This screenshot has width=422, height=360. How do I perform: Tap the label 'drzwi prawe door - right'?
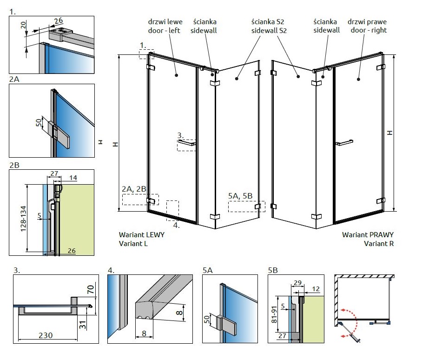pos(367,26)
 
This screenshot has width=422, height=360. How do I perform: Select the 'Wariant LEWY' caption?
pos(142,235)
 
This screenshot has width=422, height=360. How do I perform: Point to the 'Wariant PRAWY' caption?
pos(368,235)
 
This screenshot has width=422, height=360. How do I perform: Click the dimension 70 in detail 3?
pos(91,291)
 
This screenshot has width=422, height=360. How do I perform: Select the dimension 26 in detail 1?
pos(58,20)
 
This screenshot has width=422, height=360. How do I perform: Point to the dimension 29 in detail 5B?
pos(298,283)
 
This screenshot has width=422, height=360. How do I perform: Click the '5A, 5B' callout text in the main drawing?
pos(240,196)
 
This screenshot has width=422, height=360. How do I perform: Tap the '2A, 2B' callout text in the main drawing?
pos(134,189)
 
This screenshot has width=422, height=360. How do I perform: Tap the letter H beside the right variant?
pos(390,133)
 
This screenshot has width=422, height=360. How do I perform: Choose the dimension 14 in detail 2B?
pos(73,178)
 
